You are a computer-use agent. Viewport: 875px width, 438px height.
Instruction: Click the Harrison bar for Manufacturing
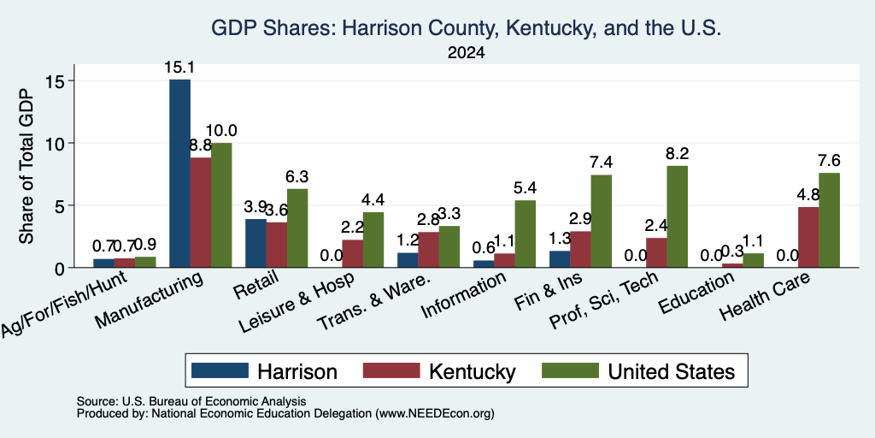click(x=179, y=173)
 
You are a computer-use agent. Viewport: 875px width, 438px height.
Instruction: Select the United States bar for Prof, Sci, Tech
click(x=677, y=216)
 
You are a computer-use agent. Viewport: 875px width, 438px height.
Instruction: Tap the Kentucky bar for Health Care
click(x=808, y=238)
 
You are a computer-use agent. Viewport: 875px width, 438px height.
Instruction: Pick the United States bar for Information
click(x=526, y=234)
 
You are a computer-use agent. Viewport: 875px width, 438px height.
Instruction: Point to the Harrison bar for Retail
click(x=255, y=243)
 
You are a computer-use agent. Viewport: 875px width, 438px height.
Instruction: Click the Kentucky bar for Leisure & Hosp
click(x=353, y=253)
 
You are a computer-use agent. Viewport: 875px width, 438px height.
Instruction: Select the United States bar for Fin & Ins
click(x=602, y=222)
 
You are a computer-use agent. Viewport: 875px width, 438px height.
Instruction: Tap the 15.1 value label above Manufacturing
click(x=179, y=68)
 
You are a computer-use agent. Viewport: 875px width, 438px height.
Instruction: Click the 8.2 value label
click(x=678, y=154)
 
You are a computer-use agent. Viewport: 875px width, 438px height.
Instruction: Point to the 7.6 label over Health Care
click(x=829, y=161)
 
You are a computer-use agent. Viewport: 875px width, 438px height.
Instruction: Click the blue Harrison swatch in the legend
click(x=220, y=371)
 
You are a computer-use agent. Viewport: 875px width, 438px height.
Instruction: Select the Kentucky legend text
click(x=472, y=371)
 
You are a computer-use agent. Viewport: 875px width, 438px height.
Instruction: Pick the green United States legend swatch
click(x=570, y=371)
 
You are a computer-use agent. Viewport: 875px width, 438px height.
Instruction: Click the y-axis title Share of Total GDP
click(x=26, y=166)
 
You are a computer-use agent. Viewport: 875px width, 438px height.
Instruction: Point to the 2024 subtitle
click(x=466, y=53)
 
